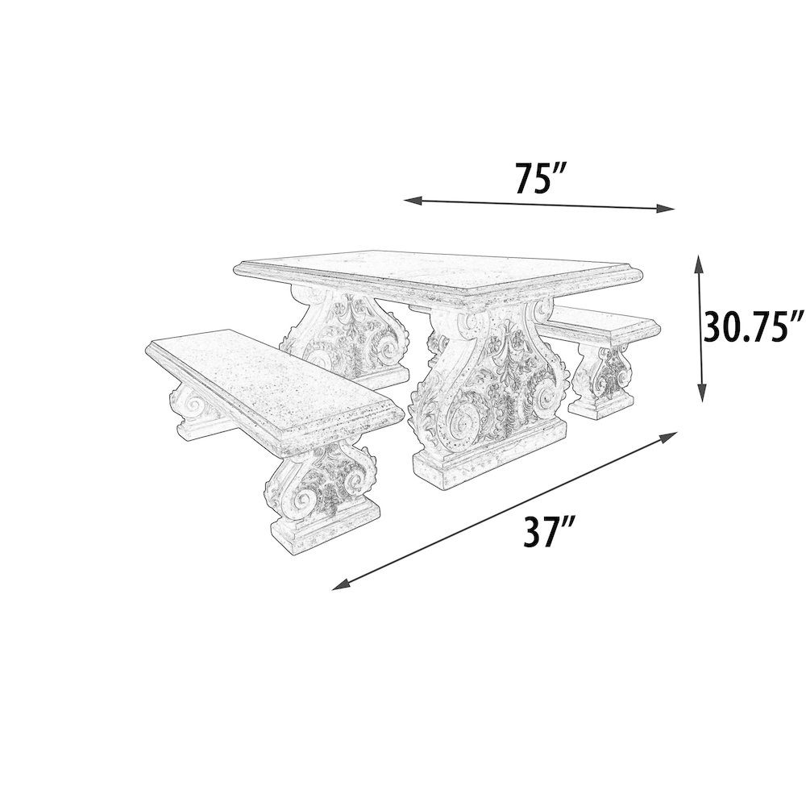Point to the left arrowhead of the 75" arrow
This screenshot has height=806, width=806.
pos(412,201)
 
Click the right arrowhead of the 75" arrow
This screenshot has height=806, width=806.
pos(666,208)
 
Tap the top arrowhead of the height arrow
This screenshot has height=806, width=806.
pos(698,264)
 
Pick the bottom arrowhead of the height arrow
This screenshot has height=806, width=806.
pos(701,393)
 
